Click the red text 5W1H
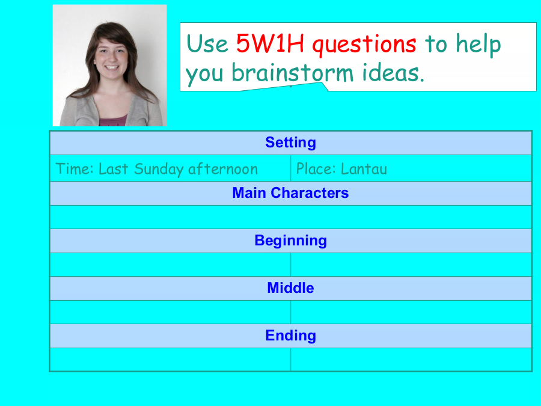270,43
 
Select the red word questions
364,45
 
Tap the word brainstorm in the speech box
293,73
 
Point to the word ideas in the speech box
393,73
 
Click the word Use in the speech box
207,43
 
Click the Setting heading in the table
290,143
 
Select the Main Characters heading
290,193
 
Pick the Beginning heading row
290,241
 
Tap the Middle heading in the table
290,288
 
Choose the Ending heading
290,336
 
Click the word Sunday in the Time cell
159,170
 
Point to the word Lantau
364,169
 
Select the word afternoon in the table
223,169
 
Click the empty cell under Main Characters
290,217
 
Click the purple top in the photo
113,121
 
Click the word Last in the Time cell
114,169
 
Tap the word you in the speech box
204,74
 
